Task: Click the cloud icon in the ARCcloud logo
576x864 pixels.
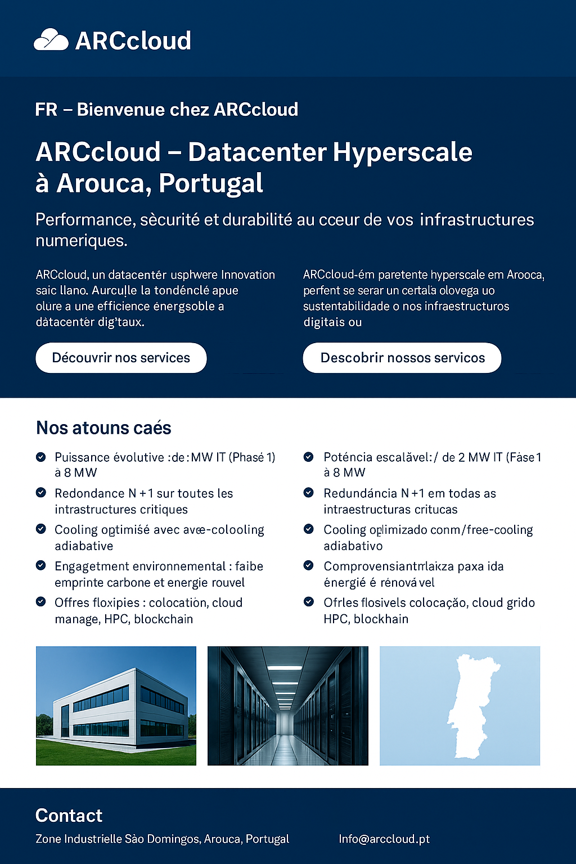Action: tap(51, 40)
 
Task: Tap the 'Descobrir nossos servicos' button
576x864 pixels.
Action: tap(402, 358)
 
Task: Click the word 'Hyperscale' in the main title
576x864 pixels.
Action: tap(402, 152)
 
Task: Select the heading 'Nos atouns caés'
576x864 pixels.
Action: tap(103, 428)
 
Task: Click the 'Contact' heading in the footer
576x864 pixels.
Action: tap(69, 816)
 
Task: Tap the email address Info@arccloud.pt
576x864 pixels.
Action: tap(384, 839)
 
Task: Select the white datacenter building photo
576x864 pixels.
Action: tap(116, 706)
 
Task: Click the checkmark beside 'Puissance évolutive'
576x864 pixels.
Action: tap(40, 457)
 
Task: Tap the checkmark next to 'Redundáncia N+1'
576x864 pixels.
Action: tap(308, 493)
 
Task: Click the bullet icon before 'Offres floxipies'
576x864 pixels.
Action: tap(40, 602)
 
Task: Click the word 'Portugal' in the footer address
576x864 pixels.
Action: tap(267, 839)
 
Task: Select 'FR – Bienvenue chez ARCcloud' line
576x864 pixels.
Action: tap(166, 109)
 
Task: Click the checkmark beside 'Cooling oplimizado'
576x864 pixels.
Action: tap(308, 529)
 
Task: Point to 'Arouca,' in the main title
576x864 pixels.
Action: tap(104, 183)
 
